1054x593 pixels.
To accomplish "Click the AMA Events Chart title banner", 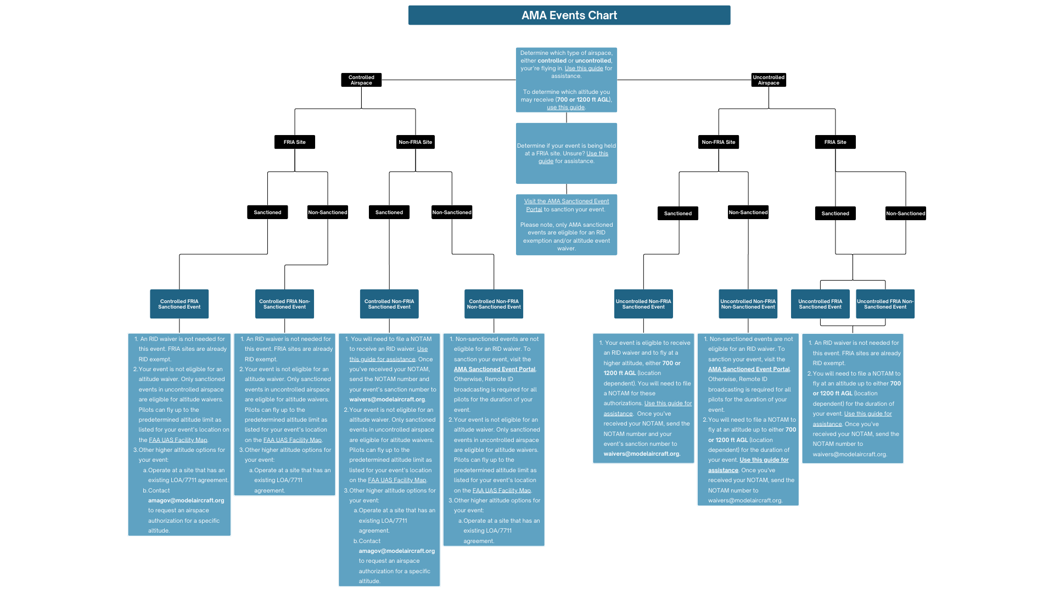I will tap(569, 15).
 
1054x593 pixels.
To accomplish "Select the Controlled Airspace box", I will tap(361, 80).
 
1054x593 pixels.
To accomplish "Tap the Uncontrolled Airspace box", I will tap(769, 80).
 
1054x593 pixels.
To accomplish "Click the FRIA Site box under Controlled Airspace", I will tap(295, 142).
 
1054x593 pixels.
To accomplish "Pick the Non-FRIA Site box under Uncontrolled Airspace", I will tap(719, 142).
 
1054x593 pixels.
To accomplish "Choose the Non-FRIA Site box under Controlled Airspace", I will tap(416, 142).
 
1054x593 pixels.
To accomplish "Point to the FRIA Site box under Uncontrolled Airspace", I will tap(835, 142).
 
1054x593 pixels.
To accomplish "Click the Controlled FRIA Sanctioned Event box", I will tap(180, 304).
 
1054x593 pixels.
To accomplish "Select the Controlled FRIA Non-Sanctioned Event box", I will tap(284, 304).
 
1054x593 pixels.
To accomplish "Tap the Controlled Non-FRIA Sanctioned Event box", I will tap(389, 304).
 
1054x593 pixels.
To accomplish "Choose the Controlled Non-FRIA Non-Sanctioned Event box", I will tap(494, 304).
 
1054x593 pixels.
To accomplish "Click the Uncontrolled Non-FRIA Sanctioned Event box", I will tap(643, 304).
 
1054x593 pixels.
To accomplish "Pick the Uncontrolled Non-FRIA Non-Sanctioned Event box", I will tap(748, 304).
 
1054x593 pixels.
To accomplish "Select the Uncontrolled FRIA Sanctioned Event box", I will tap(820, 304).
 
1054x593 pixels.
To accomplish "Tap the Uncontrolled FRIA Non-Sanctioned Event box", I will tap(885, 304).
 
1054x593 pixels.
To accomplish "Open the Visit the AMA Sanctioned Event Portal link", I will tap(566, 202).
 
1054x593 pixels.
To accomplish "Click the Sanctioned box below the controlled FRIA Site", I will tap(267, 212).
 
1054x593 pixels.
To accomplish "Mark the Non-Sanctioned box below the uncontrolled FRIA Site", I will tap(905, 214).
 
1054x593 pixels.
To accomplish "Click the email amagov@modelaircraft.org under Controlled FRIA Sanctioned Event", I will tap(186, 501).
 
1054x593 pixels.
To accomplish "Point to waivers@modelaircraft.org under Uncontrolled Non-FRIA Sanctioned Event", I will tap(641, 454).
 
